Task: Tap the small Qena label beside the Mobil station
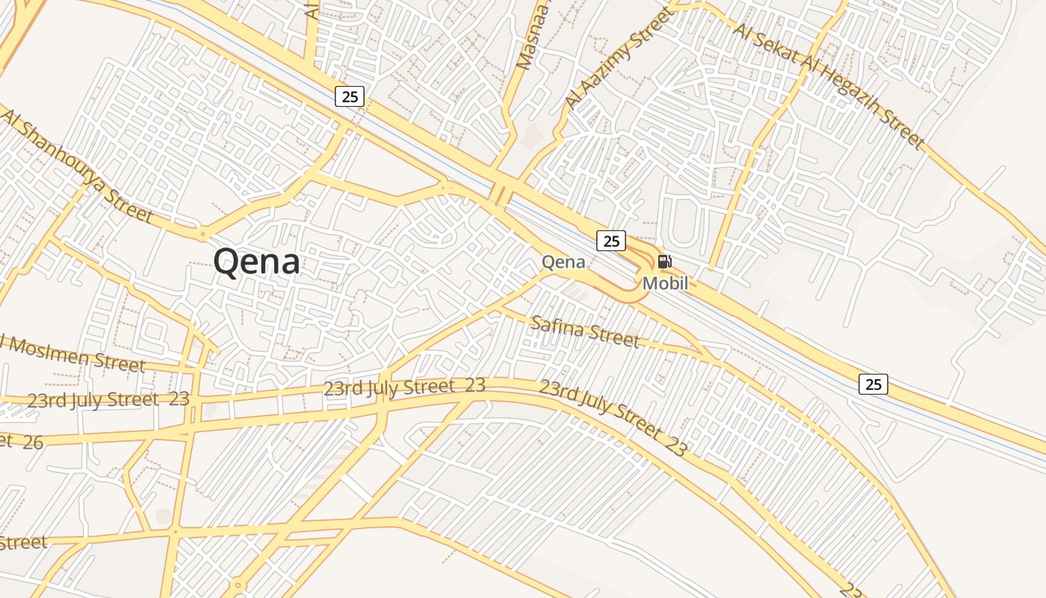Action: pos(563,262)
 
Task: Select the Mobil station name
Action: pos(665,283)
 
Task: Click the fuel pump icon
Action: pos(664,262)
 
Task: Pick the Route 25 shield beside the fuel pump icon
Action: pos(611,241)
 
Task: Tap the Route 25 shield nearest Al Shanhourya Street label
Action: pos(349,96)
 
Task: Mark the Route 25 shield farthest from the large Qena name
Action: pos(873,384)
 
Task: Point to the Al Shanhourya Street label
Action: pos(76,167)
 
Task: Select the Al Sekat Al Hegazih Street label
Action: pos(829,84)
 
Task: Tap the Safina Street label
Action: pos(585,331)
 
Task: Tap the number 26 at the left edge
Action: pos(32,442)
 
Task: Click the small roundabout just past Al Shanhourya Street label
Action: pos(202,234)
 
